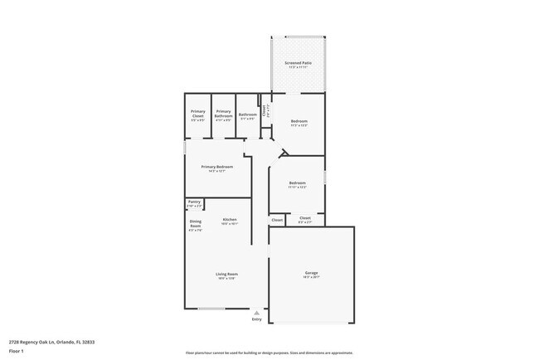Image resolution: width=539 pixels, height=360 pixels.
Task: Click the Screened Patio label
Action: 298,62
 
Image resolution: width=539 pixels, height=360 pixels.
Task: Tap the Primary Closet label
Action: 197,111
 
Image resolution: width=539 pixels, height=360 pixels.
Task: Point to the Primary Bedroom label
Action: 216,167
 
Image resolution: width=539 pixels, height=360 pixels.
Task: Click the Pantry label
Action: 194,202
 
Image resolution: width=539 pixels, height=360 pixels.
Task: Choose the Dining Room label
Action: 196,221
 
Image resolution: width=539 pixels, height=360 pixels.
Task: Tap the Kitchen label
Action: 229,220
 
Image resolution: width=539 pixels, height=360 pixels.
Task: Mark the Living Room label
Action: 226,274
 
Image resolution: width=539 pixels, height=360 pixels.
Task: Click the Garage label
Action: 312,273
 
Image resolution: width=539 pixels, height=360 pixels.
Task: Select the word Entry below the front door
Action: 256,319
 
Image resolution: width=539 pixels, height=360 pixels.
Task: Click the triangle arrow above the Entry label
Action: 256,312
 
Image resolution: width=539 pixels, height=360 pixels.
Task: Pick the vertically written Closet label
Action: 264,109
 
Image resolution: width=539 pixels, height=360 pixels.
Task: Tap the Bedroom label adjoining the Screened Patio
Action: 299,121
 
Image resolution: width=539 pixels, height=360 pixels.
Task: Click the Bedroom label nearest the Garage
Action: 298,182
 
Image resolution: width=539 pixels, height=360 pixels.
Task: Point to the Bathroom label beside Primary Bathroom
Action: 247,114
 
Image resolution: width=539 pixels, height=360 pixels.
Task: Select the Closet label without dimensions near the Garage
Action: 277,220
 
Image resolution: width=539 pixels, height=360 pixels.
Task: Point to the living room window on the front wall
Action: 211,309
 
